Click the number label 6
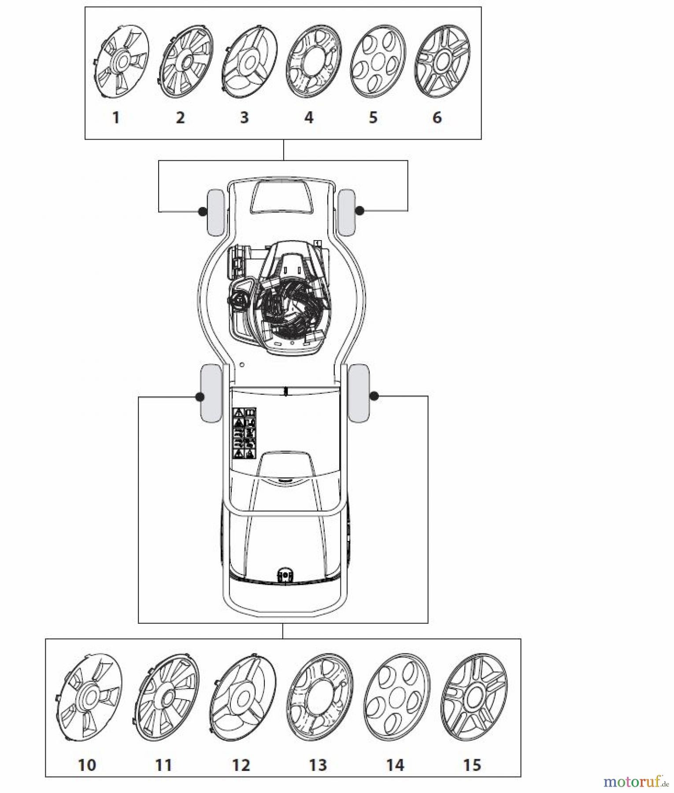437,118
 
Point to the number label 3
244,118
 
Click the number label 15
472,765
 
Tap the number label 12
241,765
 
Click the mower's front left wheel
216,212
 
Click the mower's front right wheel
347,212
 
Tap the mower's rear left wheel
210,393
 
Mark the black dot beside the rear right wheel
374,396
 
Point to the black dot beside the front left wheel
202,211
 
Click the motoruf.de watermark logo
637,781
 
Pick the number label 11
163,765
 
